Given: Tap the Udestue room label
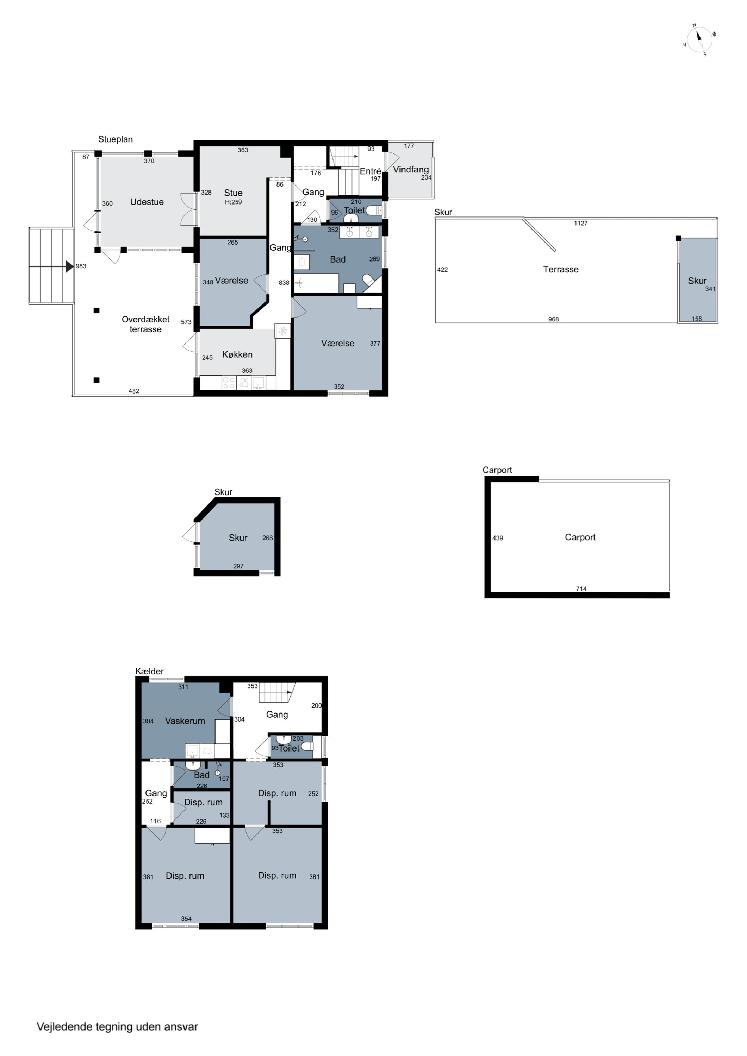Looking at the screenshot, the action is click(x=147, y=202).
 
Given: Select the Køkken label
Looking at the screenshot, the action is click(x=237, y=354).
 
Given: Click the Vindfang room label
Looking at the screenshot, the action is click(x=411, y=169).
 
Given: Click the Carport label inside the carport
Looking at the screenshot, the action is click(x=580, y=537).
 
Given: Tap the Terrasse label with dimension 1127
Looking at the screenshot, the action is click(x=561, y=270).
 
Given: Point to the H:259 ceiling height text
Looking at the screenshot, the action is click(x=234, y=202).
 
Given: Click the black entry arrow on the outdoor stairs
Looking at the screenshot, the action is click(x=69, y=266).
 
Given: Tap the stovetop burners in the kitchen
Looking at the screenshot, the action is click(x=229, y=383).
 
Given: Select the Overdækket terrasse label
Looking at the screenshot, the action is click(x=145, y=324).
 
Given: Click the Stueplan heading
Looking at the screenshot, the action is click(x=116, y=139).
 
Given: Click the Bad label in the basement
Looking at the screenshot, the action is click(x=201, y=775).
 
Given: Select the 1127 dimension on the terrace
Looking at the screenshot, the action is click(x=581, y=224).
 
